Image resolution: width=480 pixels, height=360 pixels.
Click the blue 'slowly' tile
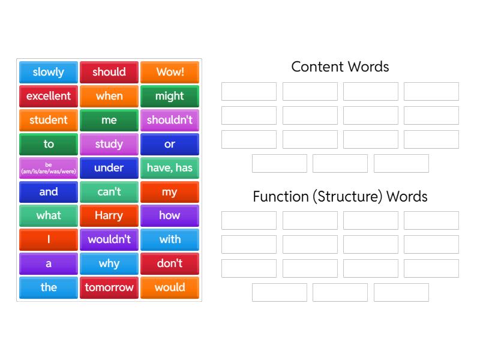[x=49, y=72]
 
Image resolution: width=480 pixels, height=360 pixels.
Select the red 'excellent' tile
[x=49, y=96]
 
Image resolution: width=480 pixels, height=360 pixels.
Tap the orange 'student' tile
[x=49, y=120]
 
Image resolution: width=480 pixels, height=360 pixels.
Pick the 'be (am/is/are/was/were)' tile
[x=49, y=168]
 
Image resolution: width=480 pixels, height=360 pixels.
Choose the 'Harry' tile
[x=109, y=216]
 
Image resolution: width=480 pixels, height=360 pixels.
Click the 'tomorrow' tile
[x=109, y=288]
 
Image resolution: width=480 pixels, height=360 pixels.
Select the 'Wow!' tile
[x=170, y=72]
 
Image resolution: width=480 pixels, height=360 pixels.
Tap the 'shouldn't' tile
[x=170, y=120]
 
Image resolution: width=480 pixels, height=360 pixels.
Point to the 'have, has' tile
[x=170, y=168]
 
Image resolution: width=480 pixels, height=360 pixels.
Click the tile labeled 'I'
[x=49, y=239]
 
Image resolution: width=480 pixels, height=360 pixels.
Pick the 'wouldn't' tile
[x=109, y=239]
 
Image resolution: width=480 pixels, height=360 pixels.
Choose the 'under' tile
[x=109, y=168]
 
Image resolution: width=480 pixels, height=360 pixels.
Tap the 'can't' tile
[x=109, y=192]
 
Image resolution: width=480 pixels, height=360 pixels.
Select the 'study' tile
[x=109, y=144]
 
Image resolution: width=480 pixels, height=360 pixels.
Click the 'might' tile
[x=170, y=96]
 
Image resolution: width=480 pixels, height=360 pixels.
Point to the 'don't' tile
[x=170, y=263]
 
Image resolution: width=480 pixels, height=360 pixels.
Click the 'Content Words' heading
[x=340, y=67]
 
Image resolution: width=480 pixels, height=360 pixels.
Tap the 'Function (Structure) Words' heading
[x=340, y=197]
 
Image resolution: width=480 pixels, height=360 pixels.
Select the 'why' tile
[x=109, y=263]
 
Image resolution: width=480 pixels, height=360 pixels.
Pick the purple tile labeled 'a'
[x=49, y=263]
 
